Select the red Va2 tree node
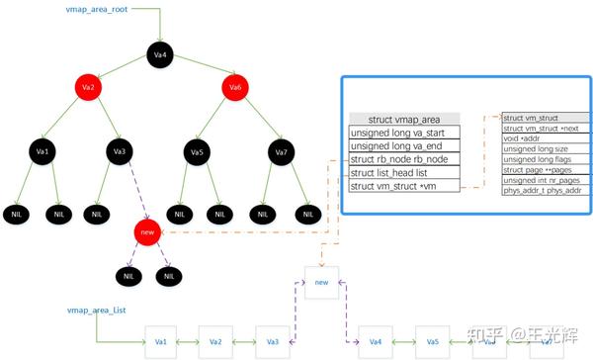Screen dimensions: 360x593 pos(88,88)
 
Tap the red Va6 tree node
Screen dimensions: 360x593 pos(235,88)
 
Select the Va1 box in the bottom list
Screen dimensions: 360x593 pos(161,341)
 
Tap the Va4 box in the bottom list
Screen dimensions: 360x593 pos(376,341)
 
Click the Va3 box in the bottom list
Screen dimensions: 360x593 pos(273,341)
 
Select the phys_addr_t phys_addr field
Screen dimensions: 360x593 pos(542,190)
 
